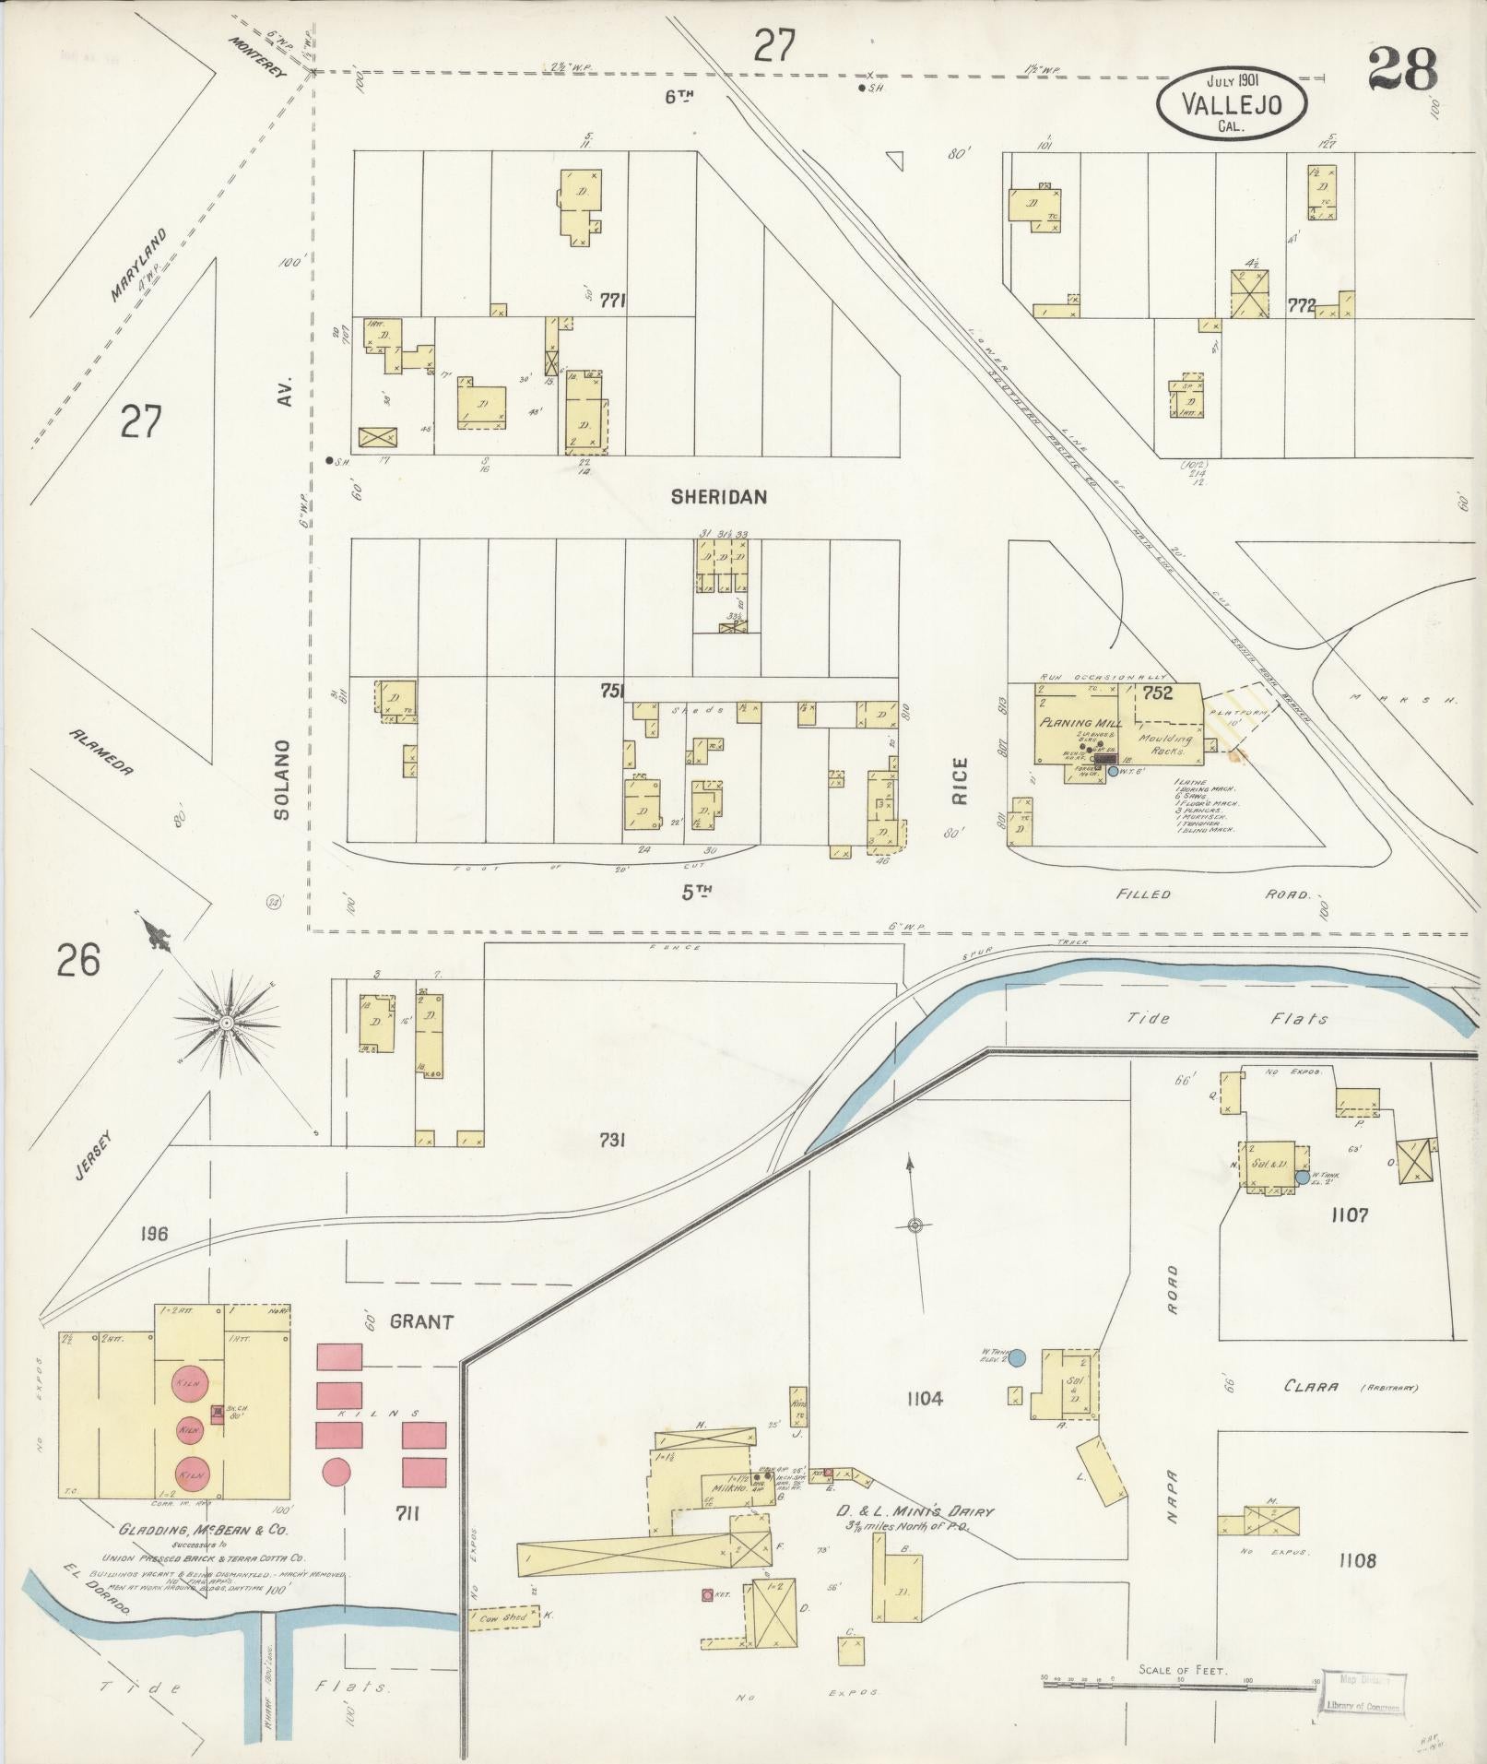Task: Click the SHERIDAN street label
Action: [x=719, y=497]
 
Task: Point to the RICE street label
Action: [x=960, y=782]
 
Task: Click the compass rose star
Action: [x=225, y=1024]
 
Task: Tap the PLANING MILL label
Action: [x=1079, y=724]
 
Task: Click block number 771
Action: [x=613, y=300]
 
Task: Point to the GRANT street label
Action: [x=421, y=1322]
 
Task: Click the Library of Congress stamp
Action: [x=1363, y=1694]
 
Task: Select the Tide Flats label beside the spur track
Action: [x=1227, y=1018]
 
